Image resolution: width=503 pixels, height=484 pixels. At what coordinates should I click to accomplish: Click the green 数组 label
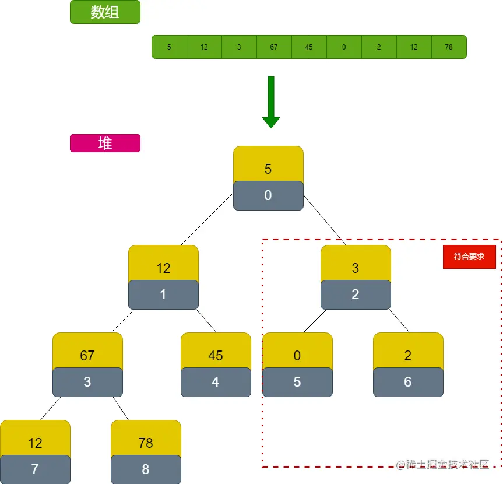coord(105,12)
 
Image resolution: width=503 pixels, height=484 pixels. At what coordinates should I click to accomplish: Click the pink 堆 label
coord(105,143)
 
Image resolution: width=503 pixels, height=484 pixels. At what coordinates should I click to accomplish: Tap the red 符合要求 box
coord(469,257)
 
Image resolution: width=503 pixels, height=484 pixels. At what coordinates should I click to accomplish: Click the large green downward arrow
coord(271,102)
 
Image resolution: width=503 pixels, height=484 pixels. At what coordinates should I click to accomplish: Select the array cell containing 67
coord(274,47)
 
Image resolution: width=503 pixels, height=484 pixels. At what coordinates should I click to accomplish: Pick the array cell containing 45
coord(309,47)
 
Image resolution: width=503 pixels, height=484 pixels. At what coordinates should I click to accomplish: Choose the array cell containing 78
coord(449,47)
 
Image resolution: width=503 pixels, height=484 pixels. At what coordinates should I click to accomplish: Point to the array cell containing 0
coord(344,47)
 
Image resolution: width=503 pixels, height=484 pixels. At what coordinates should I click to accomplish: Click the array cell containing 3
coord(239,47)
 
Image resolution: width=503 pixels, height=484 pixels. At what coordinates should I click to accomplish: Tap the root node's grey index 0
coord(268,196)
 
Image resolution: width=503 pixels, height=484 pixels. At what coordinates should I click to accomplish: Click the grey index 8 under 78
coord(146,469)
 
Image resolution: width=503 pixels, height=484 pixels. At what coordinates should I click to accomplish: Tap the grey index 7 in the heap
coord(35,469)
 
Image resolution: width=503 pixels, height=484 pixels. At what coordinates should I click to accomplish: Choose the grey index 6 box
coord(408,382)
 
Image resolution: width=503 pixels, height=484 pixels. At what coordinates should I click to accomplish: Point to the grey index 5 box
coord(297,382)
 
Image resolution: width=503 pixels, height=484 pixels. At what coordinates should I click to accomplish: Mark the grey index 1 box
coord(163,294)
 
